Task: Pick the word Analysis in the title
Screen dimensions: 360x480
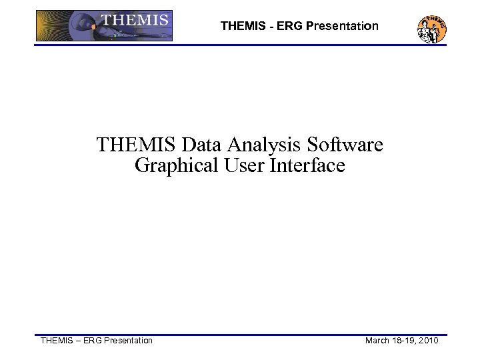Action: [251, 145]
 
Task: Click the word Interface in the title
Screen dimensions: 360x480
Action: [307, 165]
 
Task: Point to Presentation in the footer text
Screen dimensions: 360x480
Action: [125, 341]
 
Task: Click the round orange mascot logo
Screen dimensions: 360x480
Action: [431, 29]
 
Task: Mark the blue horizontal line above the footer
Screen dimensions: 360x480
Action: [240, 335]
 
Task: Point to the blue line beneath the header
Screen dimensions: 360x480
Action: [240, 45]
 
